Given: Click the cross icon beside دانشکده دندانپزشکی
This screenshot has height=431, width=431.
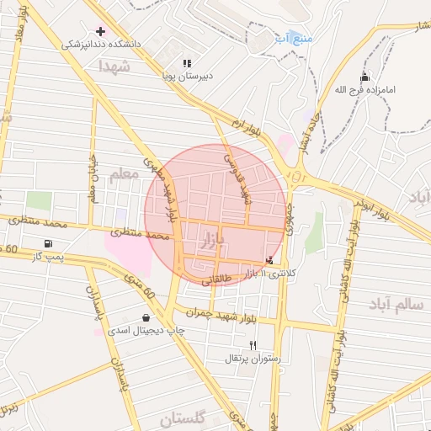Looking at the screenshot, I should [100, 31].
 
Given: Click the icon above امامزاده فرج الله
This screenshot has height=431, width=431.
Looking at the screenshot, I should [364, 77].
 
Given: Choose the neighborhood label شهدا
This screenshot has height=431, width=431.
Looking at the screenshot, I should [115, 65].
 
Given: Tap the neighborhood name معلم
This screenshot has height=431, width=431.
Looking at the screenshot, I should [124, 173].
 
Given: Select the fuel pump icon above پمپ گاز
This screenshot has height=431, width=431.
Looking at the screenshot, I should [44, 242].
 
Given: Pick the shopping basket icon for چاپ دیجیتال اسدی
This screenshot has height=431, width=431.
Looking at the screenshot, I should [147, 318].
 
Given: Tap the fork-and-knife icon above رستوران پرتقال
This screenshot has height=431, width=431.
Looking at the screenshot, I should [253, 345].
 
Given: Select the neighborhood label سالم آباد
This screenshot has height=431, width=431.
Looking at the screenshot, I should [396, 304].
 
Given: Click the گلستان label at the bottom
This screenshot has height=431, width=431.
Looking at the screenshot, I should [182, 418].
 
